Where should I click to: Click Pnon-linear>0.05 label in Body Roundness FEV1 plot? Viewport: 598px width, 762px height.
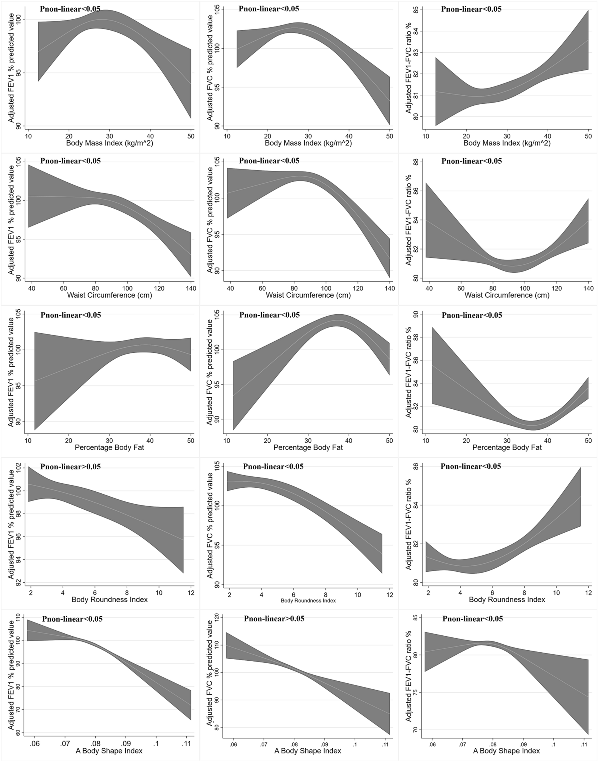coord(70,467)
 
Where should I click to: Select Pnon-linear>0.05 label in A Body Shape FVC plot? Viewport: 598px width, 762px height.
coord(274,618)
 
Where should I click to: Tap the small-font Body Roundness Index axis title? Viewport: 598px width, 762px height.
coord(308,601)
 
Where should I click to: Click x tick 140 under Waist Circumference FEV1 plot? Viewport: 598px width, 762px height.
coord(191,288)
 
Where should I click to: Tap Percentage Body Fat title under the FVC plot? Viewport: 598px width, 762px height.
coord(308,447)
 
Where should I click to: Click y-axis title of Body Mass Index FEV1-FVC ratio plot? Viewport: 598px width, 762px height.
coord(408,61)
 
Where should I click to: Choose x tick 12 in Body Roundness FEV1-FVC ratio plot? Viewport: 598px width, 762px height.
coord(588,593)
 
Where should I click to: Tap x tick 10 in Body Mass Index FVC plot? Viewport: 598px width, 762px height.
coord(227,136)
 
